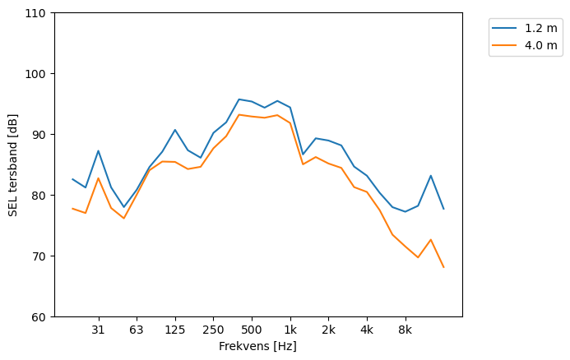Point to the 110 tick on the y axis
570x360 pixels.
coord(39,13)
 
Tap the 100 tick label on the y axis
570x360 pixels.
coord(39,74)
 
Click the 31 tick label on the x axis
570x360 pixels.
coord(98,330)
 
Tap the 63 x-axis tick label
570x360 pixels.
coord(137,330)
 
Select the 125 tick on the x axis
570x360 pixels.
coord(174,330)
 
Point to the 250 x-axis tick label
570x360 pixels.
coord(213,330)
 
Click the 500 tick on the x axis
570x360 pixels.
coord(252,330)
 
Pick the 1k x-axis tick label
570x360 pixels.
coord(290,330)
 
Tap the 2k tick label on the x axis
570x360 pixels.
coord(328,330)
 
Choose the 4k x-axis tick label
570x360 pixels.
coord(367,330)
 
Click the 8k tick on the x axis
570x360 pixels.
coord(405,330)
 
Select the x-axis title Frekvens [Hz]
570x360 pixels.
coord(257,346)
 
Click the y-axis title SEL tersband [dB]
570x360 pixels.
coord(13,165)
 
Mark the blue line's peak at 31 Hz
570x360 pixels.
coord(98,150)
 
